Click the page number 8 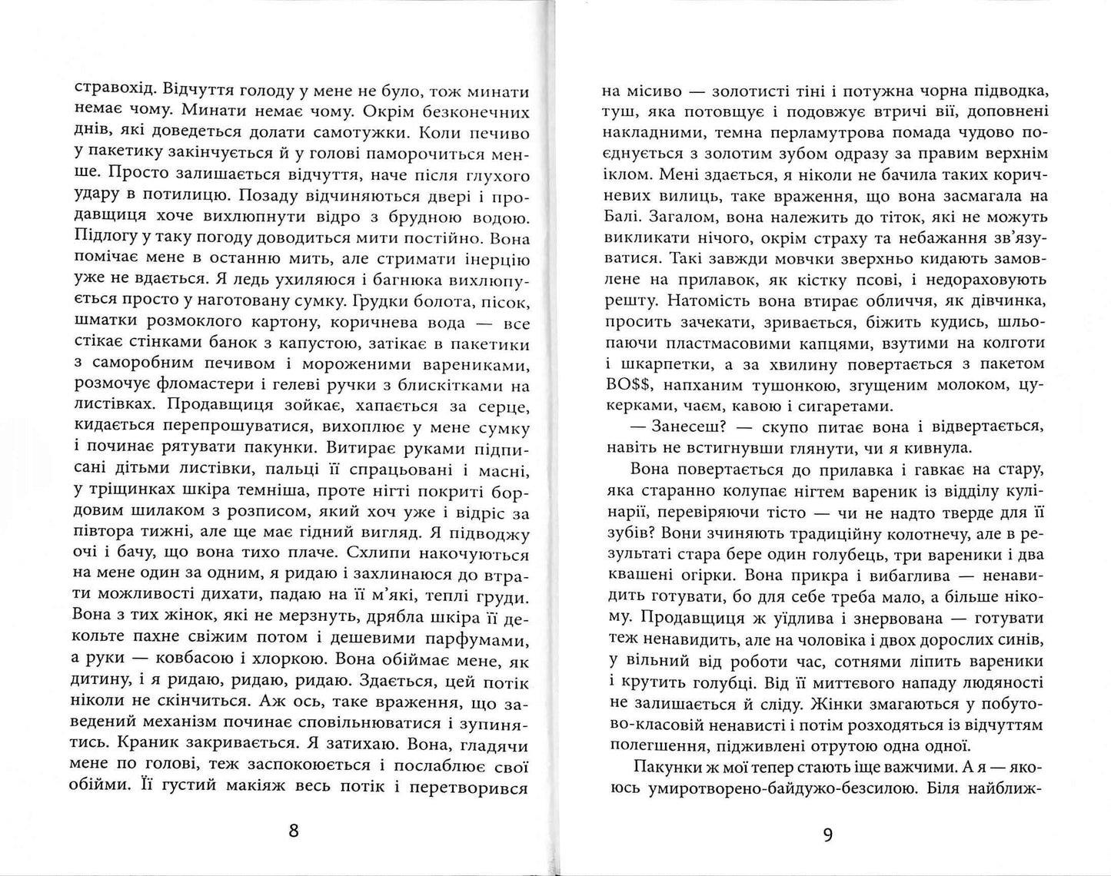292,831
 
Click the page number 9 828,835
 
